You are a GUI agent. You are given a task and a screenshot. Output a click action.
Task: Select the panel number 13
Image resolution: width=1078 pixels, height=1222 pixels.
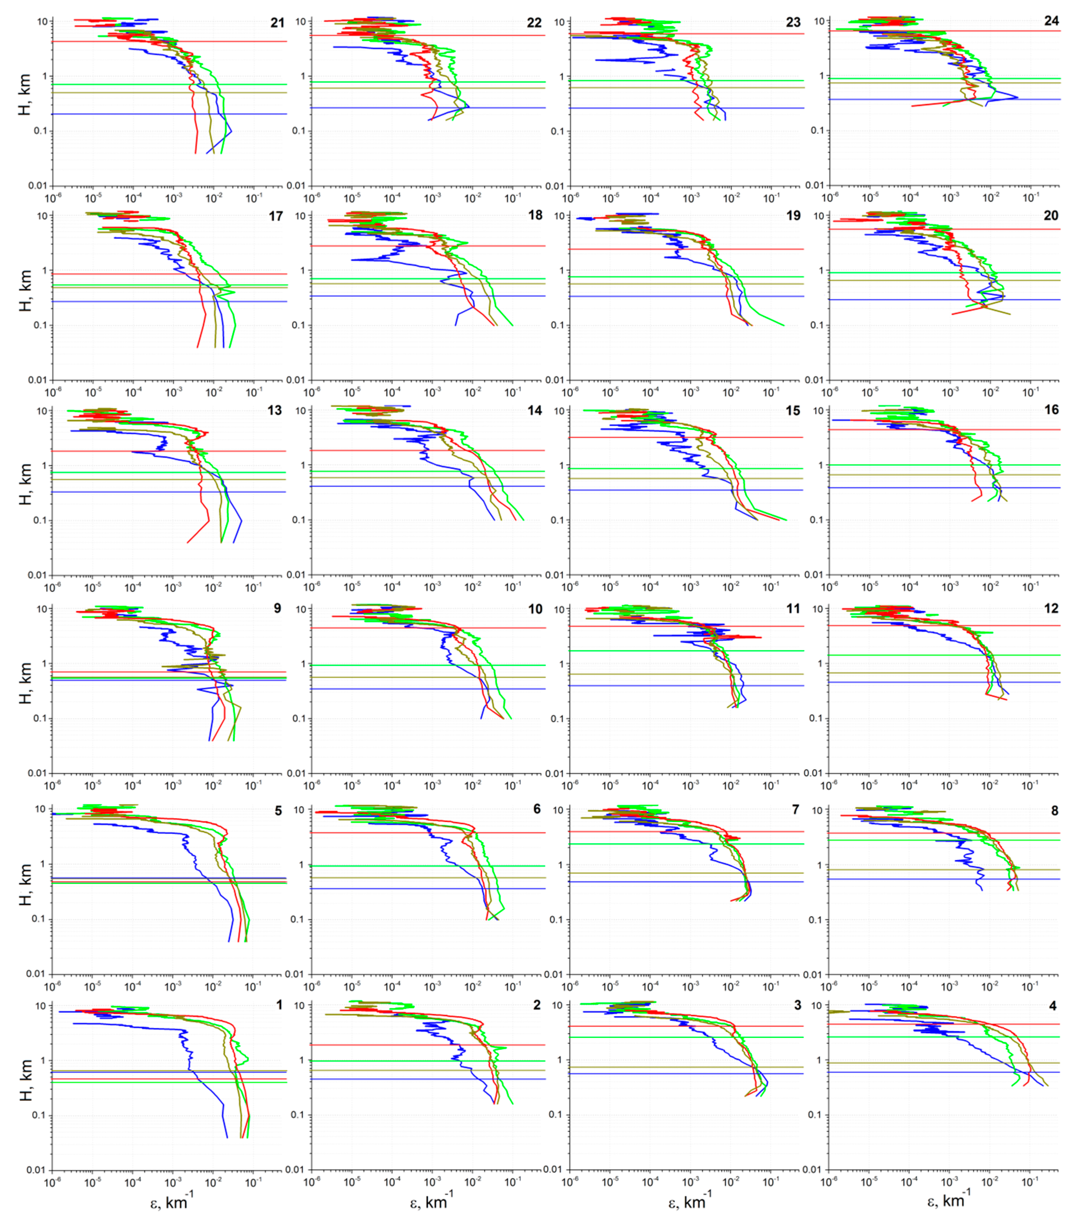pyautogui.click(x=275, y=410)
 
